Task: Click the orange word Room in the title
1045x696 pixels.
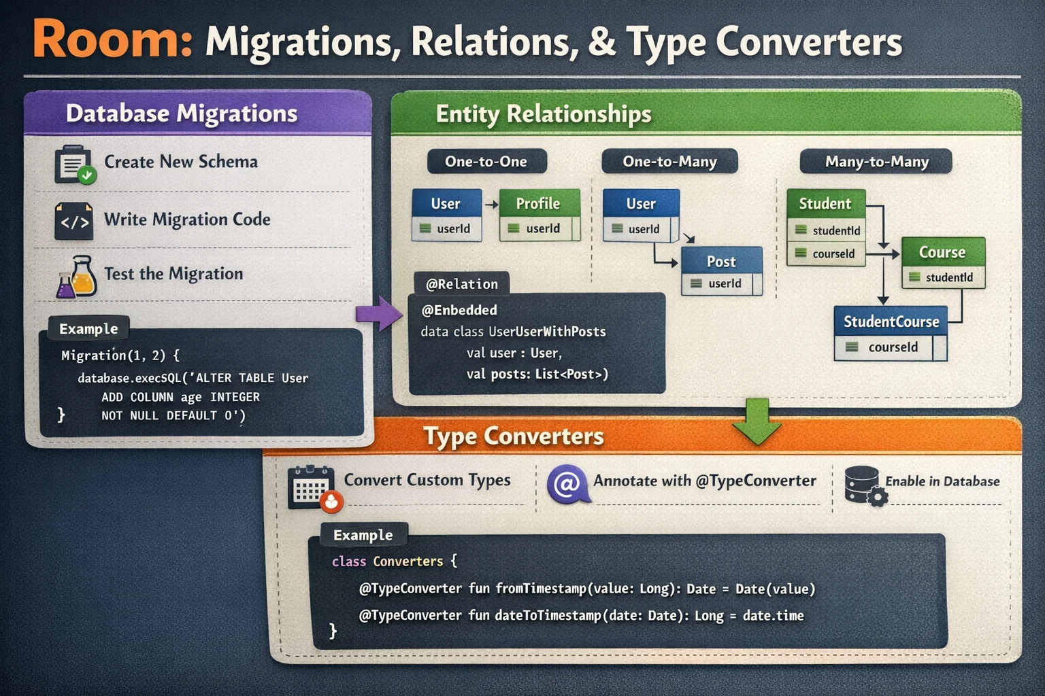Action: pyautogui.click(x=113, y=39)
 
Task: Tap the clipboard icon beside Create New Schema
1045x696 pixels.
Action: pyautogui.click(x=74, y=164)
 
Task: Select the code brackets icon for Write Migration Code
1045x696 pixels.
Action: pyautogui.click(x=74, y=221)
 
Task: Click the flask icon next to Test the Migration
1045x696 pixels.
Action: pyautogui.click(x=77, y=276)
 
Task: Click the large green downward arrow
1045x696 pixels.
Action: pyautogui.click(x=757, y=421)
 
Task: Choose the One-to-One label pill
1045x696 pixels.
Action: pyautogui.click(x=486, y=162)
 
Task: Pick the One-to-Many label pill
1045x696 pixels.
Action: pyautogui.click(x=669, y=162)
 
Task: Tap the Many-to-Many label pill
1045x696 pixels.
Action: pyautogui.click(x=876, y=162)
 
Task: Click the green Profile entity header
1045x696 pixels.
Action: pyautogui.click(x=539, y=203)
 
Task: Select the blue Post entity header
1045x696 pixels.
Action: pyautogui.click(x=721, y=262)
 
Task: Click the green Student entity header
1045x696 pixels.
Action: pyautogui.click(x=825, y=203)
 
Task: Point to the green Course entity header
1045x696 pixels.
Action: pyautogui.click(x=942, y=252)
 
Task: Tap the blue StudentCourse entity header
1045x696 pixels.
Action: pyautogui.click(x=891, y=321)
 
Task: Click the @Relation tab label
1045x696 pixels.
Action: pyautogui.click(x=461, y=284)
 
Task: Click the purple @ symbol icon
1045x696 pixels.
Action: pyautogui.click(x=567, y=484)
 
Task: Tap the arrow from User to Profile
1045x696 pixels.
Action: pyautogui.click(x=491, y=204)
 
